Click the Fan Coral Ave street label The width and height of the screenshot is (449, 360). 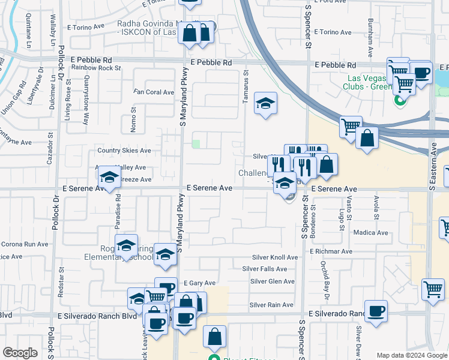coord(154,92)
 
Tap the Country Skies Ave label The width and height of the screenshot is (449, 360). coord(124,151)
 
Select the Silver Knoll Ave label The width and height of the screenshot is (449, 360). coord(274,257)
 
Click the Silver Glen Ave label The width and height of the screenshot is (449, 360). coord(273,281)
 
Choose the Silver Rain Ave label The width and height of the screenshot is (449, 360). coord(271,305)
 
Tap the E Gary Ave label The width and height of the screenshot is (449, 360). coord(199,283)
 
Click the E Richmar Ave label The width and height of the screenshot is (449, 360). coord(331,251)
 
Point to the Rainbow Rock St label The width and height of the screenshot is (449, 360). coord(96,68)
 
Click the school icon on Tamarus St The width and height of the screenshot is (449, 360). coord(265,104)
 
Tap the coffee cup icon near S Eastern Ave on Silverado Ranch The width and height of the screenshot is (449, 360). coord(376,311)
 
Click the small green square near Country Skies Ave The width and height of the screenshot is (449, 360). coord(196,144)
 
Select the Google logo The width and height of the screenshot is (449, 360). coord(20,353)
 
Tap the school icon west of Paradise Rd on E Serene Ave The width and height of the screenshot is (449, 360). coord(109,178)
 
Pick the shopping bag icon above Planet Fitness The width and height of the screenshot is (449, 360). coord(215,337)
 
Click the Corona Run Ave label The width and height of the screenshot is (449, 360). coord(25,244)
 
